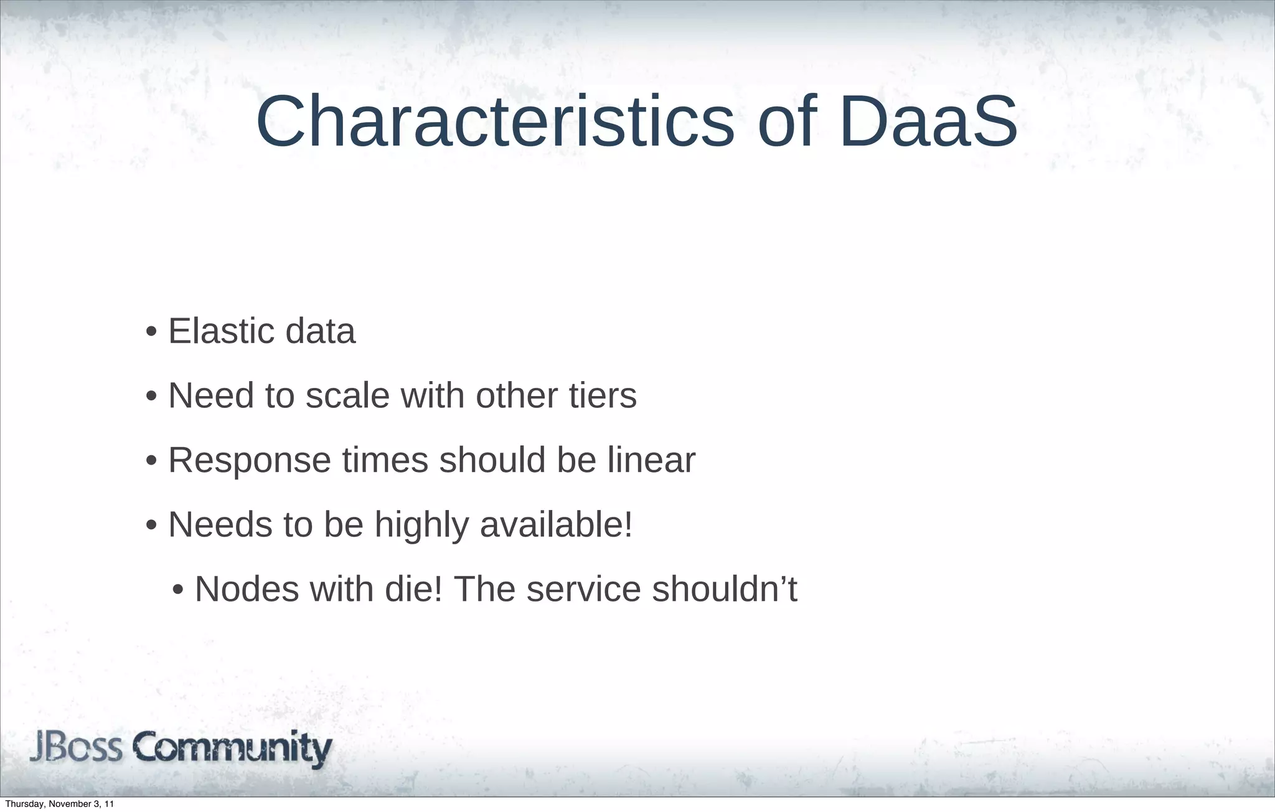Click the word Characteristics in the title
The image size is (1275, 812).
point(495,121)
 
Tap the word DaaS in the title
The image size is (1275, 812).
point(928,121)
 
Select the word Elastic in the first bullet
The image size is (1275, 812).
point(221,331)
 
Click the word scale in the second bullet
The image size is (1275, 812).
point(347,395)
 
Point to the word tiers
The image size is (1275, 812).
point(603,395)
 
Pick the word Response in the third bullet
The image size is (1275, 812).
point(249,461)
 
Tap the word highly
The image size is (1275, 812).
point(421,525)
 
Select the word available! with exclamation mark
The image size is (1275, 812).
point(556,524)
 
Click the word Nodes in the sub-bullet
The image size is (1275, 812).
point(247,589)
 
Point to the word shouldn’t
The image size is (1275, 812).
point(724,589)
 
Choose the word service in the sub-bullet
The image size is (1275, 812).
point(583,589)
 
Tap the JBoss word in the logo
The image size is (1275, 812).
point(76,747)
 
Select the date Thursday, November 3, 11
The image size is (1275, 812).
point(59,804)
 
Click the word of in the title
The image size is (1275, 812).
point(787,121)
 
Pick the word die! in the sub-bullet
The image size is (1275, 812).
point(413,589)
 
